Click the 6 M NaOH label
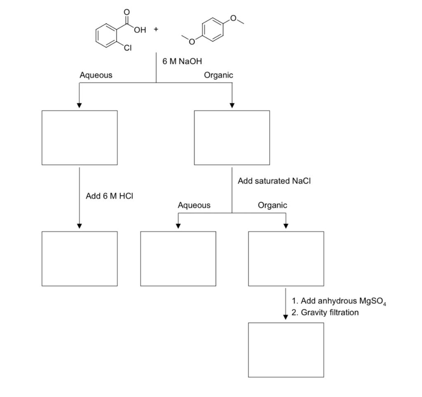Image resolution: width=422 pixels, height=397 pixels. pyautogui.click(x=182, y=61)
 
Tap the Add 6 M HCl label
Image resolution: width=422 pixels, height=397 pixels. pyautogui.click(x=109, y=196)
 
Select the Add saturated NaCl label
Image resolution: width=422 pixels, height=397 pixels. pyautogui.click(x=271, y=181)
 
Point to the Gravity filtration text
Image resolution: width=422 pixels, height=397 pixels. pyautogui.click(x=329, y=312)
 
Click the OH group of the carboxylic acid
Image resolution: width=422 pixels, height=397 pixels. pyautogui.click(x=140, y=30)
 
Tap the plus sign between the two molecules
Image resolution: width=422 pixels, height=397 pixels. pyautogui.click(x=156, y=29)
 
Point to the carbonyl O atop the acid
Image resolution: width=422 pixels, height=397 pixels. pyautogui.click(x=127, y=12)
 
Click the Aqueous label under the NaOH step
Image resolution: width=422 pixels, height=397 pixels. pyautogui.click(x=96, y=75)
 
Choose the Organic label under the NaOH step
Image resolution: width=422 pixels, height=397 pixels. pyautogui.click(x=218, y=75)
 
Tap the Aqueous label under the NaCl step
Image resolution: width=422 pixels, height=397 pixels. pyautogui.click(x=194, y=205)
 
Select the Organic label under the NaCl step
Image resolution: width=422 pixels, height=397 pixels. pyautogui.click(x=272, y=205)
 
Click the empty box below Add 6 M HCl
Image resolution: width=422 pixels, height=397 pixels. pyautogui.click(x=79, y=258)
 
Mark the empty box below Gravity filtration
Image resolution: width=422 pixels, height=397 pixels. pyautogui.click(x=286, y=350)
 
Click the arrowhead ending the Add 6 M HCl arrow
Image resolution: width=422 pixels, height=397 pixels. pyautogui.click(x=79, y=226)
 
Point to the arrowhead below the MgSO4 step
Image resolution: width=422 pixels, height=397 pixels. pyautogui.click(x=286, y=317)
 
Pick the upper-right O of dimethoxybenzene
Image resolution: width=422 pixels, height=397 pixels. pyautogui.click(x=234, y=18)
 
